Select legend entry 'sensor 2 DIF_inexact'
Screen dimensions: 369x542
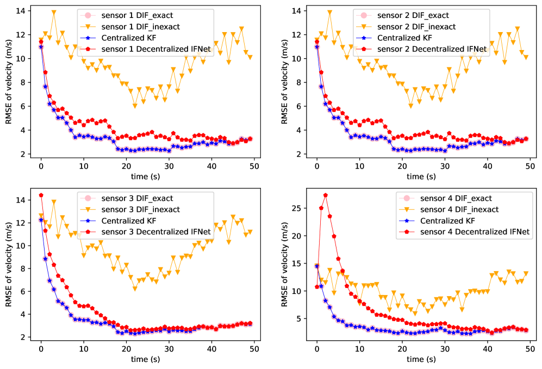tap(412, 27)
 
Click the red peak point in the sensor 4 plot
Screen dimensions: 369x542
tap(325, 195)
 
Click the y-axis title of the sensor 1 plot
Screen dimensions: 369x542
tap(9, 82)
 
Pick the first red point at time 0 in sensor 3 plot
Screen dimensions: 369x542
tap(41, 195)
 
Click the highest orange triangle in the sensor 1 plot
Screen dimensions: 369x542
tap(54, 12)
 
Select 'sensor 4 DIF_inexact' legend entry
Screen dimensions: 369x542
tap(460, 210)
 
